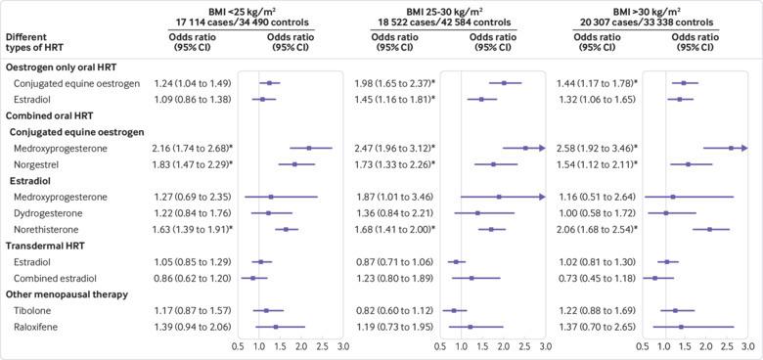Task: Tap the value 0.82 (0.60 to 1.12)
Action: [393, 310]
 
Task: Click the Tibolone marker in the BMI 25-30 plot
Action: [454, 310]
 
